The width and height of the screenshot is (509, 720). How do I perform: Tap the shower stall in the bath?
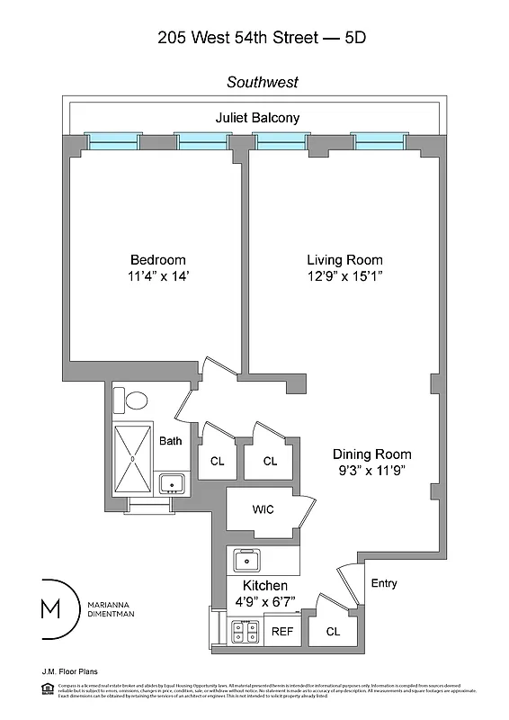pyautogui.click(x=133, y=458)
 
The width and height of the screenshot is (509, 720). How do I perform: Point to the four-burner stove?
pyautogui.click(x=245, y=632)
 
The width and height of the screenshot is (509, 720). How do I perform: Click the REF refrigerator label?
pyautogui.click(x=282, y=632)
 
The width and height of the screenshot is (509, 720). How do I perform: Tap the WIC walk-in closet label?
pyautogui.click(x=263, y=509)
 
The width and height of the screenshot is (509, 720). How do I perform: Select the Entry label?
pyautogui.click(x=384, y=583)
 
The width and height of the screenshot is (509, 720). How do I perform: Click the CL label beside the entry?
pyautogui.click(x=333, y=632)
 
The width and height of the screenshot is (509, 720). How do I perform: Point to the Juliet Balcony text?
pyautogui.click(x=257, y=118)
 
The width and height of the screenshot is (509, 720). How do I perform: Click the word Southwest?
pyautogui.click(x=263, y=82)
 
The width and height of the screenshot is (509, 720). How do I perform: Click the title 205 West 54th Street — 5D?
pyautogui.click(x=262, y=37)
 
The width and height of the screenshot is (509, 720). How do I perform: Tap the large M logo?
pyautogui.click(x=52, y=609)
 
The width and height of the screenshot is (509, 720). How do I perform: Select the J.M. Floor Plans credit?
pyautogui.click(x=69, y=671)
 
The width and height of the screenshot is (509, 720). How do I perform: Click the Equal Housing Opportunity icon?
pyautogui.click(x=47, y=688)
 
